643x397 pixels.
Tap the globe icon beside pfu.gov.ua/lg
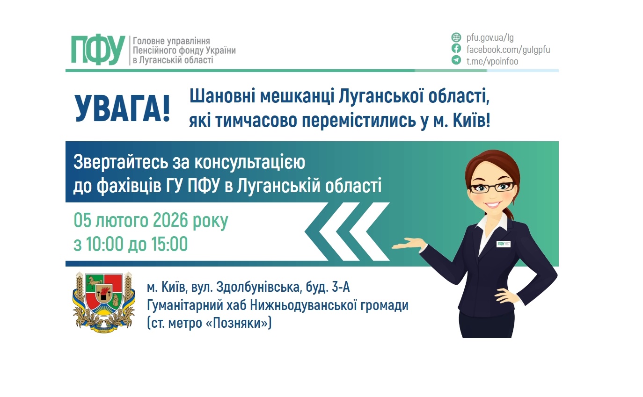tap(456, 37)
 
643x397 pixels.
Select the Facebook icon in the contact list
tap(456, 49)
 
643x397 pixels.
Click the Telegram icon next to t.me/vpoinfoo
tap(456, 60)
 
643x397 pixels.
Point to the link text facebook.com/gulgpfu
tap(508, 49)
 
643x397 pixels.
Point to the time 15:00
tap(168, 244)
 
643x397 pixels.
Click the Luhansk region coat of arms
tap(98, 303)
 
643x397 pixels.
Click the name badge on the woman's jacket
tap(503, 244)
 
